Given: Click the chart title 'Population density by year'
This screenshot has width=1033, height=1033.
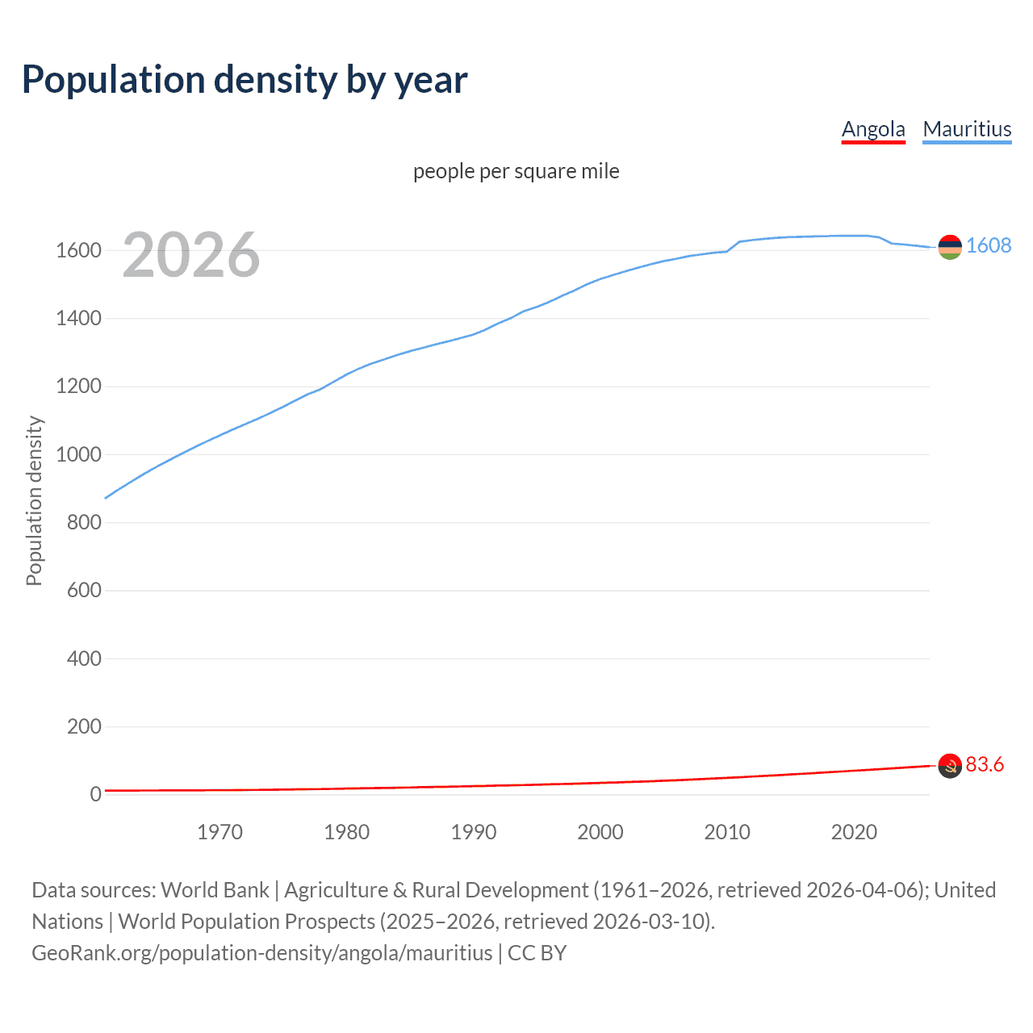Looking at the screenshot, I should [x=245, y=80].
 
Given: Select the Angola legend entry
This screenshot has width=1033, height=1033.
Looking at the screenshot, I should [x=873, y=129].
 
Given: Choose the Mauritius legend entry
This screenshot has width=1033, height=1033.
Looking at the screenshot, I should [x=967, y=129].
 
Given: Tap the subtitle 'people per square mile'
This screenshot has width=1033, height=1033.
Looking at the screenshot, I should [x=516, y=171].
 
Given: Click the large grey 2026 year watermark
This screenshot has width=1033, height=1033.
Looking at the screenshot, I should [x=191, y=255].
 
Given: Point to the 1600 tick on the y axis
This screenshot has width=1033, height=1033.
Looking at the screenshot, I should [x=78, y=250].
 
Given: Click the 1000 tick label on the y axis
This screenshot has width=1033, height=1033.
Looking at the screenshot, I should [x=78, y=454].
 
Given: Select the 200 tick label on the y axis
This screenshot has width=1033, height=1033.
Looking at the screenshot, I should [x=84, y=726].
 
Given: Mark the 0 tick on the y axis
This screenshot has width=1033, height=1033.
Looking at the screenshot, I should [x=95, y=794].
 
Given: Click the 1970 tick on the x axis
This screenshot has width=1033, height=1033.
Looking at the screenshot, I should [x=220, y=832].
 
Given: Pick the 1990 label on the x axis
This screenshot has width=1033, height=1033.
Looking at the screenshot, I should [x=474, y=832].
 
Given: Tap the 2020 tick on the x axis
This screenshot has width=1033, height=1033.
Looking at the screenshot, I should [x=854, y=832].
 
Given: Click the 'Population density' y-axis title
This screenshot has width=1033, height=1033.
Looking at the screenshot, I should [x=34, y=500].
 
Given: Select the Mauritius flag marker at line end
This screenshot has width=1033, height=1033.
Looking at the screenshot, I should [x=950, y=247].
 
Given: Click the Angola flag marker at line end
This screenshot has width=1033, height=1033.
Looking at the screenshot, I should [x=950, y=766].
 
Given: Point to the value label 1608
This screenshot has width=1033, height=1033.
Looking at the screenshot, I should [x=989, y=245].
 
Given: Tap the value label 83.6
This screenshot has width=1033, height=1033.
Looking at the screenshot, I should [x=985, y=764].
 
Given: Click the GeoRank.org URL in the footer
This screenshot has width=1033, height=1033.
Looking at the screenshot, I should [x=261, y=953].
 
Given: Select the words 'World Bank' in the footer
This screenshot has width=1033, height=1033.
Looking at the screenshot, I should [x=215, y=890].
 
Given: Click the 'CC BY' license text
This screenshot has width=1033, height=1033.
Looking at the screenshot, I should [x=537, y=953].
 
